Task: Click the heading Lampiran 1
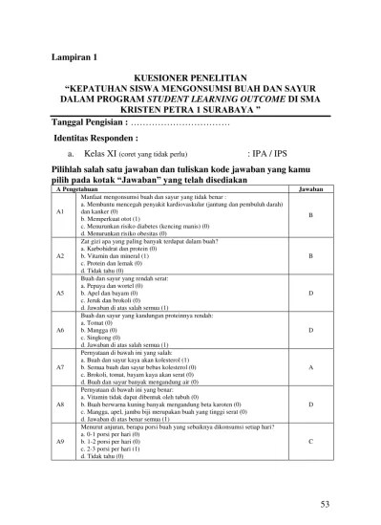(74, 58)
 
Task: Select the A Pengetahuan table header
(73, 190)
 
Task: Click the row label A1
(59, 215)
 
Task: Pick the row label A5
(59, 293)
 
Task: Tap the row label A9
(59, 441)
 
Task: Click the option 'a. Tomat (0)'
(101, 322)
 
